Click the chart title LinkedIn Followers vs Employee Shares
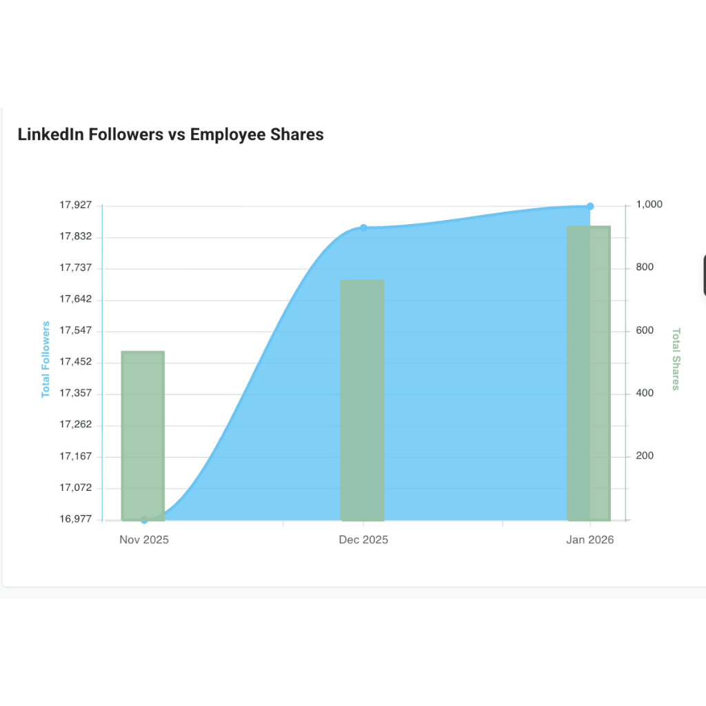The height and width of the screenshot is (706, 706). tap(170, 134)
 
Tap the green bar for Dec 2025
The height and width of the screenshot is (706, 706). tap(363, 400)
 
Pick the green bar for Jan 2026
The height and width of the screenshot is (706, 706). tap(589, 372)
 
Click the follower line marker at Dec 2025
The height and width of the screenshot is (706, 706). tap(364, 228)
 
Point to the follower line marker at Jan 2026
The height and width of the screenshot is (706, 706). tap(590, 206)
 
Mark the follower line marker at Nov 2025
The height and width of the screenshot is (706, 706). tap(144, 520)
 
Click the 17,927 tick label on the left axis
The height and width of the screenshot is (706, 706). tap(76, 205)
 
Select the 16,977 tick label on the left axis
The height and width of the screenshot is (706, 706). tap(76, 519)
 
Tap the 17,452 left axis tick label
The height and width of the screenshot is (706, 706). tap(76, 362)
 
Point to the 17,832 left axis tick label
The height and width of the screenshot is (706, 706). tap(76, 236)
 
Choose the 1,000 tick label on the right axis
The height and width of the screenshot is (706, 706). tap(649, 205)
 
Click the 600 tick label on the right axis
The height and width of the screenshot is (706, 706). tap(645, 330)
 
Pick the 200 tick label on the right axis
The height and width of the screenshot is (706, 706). tap(645, 456)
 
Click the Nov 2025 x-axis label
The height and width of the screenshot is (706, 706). tap(144, 540)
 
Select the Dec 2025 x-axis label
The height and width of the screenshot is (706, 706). tap(363, 540)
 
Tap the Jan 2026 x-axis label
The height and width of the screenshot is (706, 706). tap(589, 540)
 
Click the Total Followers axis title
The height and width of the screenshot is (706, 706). tap(46, 359)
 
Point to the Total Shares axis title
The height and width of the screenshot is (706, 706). tap(676, 359)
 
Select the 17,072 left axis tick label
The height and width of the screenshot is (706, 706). tap(76, 487)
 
